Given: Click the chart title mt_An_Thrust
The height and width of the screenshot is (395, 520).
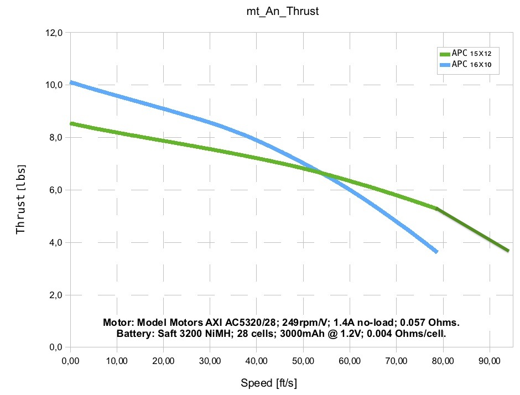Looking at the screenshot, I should [x=282, y=12].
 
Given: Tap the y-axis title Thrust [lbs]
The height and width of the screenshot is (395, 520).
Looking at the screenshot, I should [x=21, y=197].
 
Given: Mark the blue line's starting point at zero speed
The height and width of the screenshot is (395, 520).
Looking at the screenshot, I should [x=71, y=82].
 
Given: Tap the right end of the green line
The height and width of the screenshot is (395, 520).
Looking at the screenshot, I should [x=507, y=251].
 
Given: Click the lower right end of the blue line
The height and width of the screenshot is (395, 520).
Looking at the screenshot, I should [x=436, y=251].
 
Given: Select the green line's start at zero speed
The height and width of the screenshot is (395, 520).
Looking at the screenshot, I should [x=71, y=123].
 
